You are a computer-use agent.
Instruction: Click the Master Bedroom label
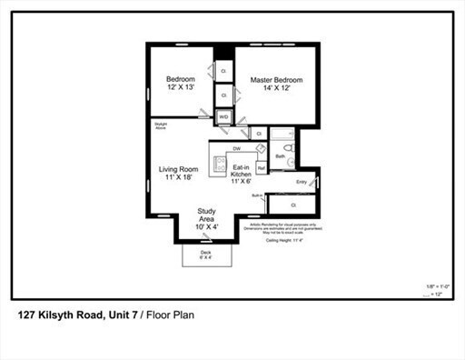275,85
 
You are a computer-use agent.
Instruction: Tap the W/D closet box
223,116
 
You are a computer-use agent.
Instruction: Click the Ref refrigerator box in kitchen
261,168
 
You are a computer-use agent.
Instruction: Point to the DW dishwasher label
236,147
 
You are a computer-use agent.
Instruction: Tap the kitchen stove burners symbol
218,164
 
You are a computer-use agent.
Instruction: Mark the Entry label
302,182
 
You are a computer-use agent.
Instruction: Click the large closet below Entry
294,205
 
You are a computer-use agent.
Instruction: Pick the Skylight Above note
161,127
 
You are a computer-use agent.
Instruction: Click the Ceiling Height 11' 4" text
284,241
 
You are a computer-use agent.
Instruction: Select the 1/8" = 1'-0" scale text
438,285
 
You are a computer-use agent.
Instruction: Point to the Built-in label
257,196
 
